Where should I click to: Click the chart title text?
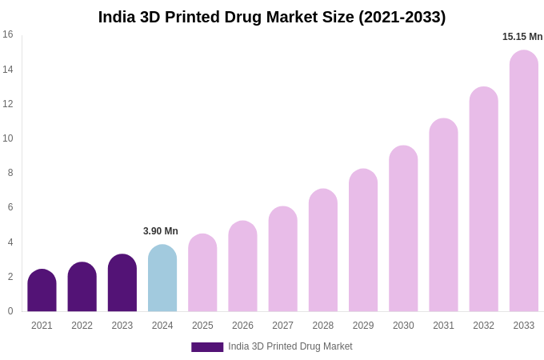click(272, 17)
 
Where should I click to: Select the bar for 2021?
click(42, 291)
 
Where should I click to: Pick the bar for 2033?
click(524, 182)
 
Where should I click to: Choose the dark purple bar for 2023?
click(122, 283)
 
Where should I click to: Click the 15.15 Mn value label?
click(522, 37)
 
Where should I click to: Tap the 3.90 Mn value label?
click(161, 231)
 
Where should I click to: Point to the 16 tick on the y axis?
click(8, 34)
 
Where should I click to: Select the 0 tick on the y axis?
click(10, 311)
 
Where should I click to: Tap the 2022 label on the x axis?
click(82, 326)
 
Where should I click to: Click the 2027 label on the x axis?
click(282, 326)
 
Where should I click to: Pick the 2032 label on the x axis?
click(483, 326)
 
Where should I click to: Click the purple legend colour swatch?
click(207, 347)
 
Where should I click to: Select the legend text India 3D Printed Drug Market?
click(290, 346)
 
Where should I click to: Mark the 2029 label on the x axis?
click(363, 326)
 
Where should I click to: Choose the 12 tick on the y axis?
click(8, 104)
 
